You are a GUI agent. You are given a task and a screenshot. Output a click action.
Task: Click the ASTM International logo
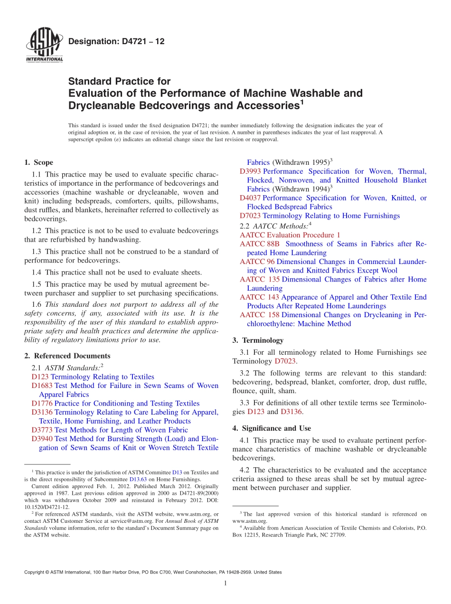pyautogui.click(x=44, y=45)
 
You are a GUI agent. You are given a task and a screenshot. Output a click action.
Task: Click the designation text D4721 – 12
pyautogui.click(x=116, y=42)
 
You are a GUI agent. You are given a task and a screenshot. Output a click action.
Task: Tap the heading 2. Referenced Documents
pyautogui.click(x=67, y=356)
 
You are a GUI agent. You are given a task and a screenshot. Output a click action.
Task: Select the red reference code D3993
pyautogui.click(x=250, y=171)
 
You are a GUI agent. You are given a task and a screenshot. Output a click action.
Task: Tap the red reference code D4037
pyautogui.click(x=250, y=198)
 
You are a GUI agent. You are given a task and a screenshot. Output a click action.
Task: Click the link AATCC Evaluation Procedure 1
pyautogui.click(x=290, y=235)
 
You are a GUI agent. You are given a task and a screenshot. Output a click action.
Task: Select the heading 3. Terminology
pyautogui.click(x=258, y=340)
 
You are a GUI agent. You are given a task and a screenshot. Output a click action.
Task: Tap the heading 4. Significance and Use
pyautogui.click(x=272, y=428)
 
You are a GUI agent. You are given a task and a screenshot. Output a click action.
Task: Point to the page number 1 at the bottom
pyautogui.click(x=225, y=583)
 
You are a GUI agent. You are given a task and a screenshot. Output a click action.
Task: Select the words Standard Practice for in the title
pyautogui.click(x=119, y=81)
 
